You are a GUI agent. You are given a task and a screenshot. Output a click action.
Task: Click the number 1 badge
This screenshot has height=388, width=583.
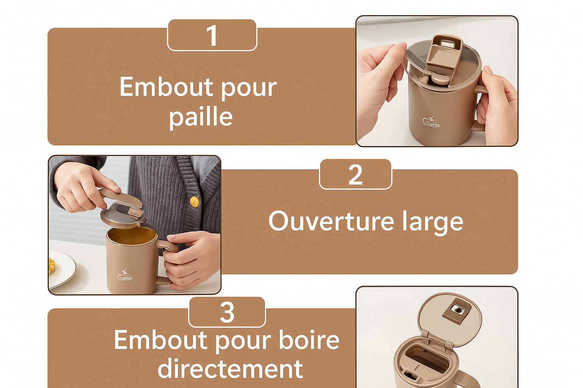pyautogui.click(x=212, y=35)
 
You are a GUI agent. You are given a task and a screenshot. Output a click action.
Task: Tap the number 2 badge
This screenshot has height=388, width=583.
pyautogui.click(x=355, y=175)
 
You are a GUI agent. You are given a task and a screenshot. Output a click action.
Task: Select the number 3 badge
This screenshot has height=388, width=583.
pyautogui.click(x=227, y=312)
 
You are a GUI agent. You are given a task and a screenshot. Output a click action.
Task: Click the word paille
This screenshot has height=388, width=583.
pyautogui.click(x=201, y=117)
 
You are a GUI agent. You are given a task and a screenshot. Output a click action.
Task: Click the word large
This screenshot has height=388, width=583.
pyautogui.click(x=433, y=222)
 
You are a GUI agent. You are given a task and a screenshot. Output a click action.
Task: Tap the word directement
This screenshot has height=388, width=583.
pyautogui.click(x=230, y=368)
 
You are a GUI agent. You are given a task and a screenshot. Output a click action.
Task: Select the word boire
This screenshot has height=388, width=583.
pyautogui.click(x=309, y=340)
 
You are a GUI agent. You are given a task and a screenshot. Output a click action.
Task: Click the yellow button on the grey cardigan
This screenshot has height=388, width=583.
pyautogui.click(x=194, y=202)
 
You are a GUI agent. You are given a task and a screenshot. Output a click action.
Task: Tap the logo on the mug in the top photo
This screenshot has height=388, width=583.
pyautogui.click(x=431, y=122)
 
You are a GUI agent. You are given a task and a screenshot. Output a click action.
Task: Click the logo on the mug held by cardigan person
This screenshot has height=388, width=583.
pyautogui.click(x=125, y=275)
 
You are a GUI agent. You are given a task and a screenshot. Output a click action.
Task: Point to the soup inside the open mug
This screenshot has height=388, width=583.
pyautogui.click(x=131, y=236)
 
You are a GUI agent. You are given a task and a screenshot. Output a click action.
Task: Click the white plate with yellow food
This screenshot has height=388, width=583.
pyautogui.click(x=61, y=269)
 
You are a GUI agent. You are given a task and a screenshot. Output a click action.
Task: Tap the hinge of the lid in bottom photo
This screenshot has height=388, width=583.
pyautogui.click(x=436, y=339)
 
